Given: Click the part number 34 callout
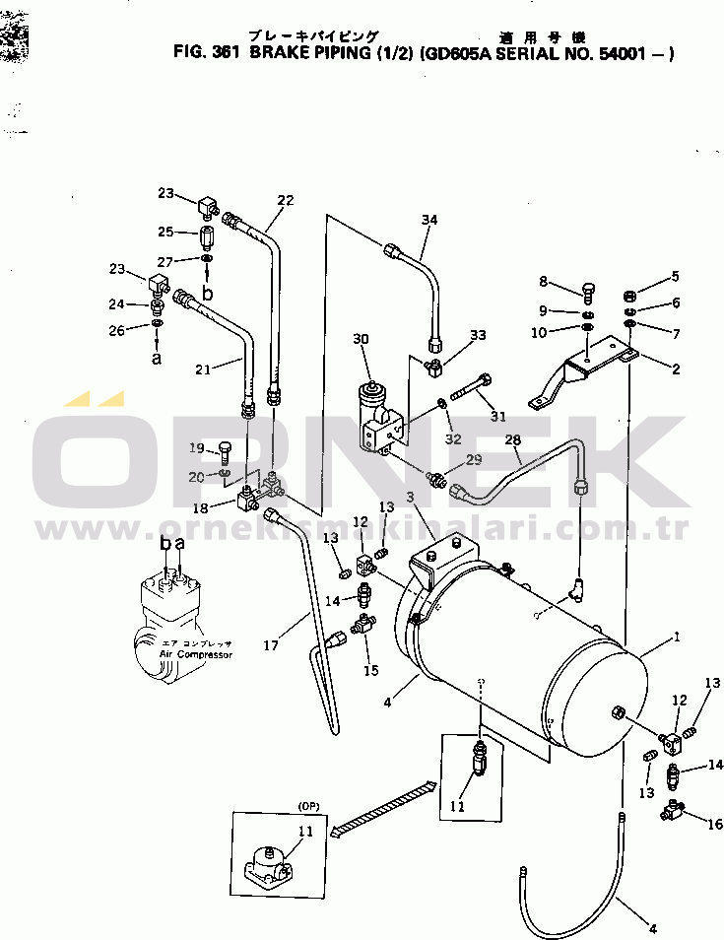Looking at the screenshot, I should click(428, 220).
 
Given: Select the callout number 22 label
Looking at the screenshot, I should click(286, 200).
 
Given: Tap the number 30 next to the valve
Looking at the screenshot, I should click(361, 339).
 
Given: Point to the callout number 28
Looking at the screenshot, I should click(512, 439).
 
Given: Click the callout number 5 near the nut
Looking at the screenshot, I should click(676, 277).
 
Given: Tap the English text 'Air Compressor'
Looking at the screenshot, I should click(195, 653).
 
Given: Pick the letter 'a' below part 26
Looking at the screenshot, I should click(157, 359).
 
